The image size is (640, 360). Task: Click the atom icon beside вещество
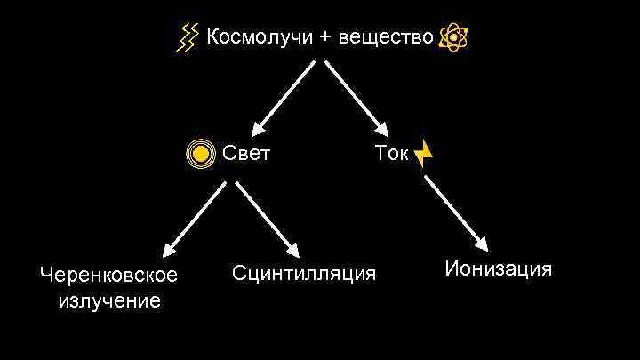click(453, 38)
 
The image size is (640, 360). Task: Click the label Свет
click(246, 154)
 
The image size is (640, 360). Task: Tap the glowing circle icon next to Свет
click(202, 155)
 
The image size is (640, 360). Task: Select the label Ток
click(391, 154)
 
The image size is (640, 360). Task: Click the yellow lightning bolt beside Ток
click(424, 154)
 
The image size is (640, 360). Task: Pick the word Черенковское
click(108, 275)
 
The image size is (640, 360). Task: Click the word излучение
click(108, 300)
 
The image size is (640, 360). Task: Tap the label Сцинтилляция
click(304, 271)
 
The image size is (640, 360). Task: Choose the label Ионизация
click(499, 268)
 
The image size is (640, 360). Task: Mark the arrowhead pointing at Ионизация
click(482, 243)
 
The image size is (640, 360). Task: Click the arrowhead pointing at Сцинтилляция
click(292, 248)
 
